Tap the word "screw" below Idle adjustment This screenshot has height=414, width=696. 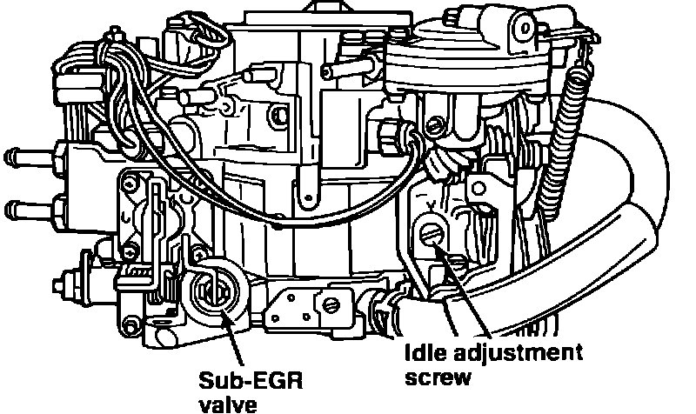tap(439, 377)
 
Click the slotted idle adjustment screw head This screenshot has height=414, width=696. tap(429, 235)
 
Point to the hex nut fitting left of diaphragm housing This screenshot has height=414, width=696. tap(391, 134)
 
